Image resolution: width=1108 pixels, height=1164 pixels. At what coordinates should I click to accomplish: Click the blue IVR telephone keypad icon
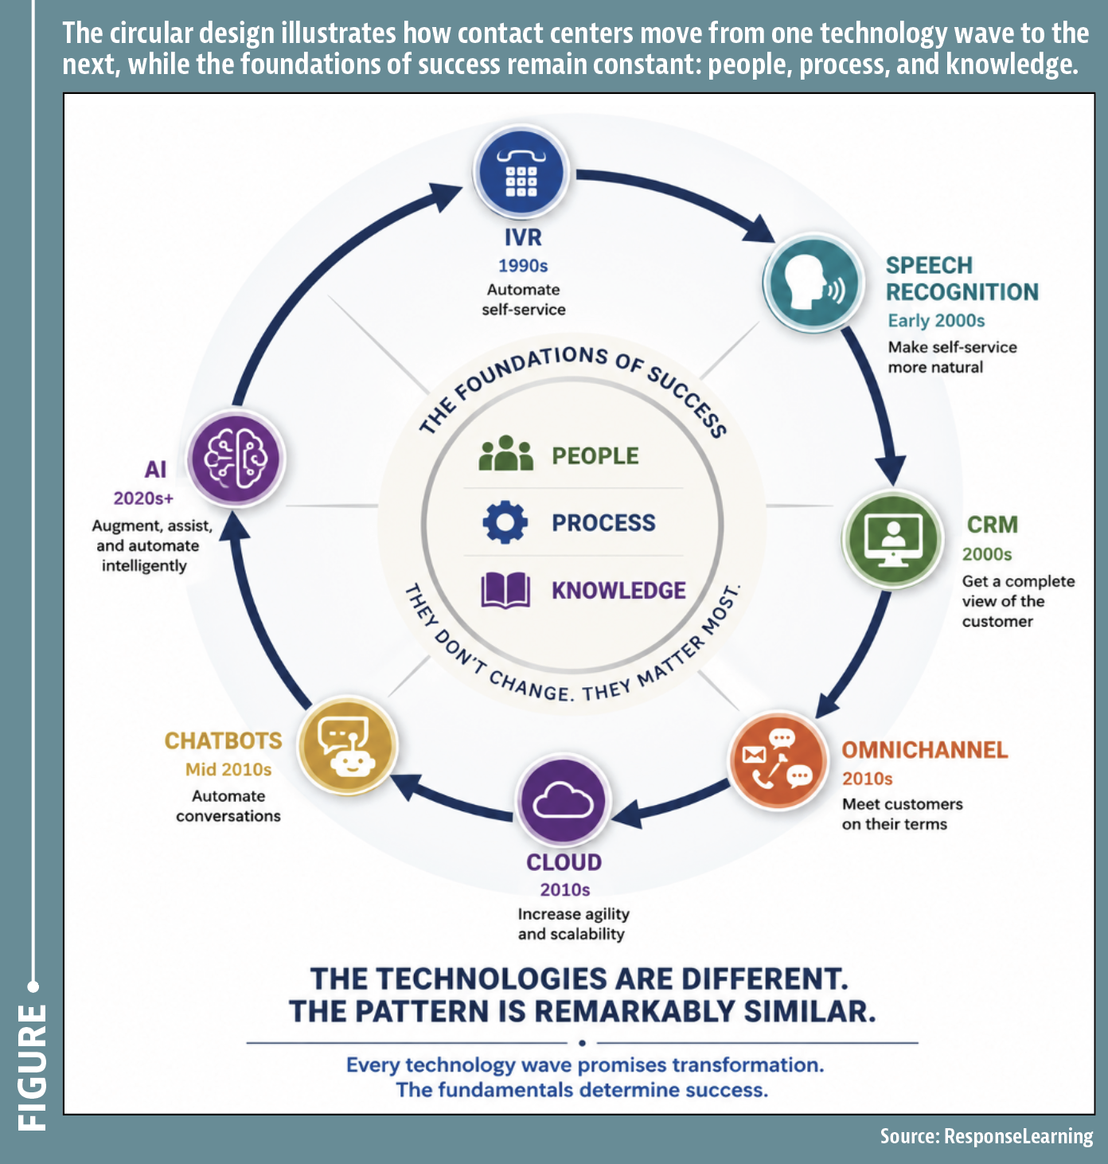[521, 172]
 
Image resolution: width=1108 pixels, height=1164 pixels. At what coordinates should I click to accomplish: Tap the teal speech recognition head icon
[812, 283]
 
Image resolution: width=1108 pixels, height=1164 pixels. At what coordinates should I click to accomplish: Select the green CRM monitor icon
[892, 539]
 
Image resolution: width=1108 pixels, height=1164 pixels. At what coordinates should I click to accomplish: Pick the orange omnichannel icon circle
[778, 759]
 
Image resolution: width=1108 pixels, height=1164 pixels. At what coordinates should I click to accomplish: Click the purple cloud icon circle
[563, 801]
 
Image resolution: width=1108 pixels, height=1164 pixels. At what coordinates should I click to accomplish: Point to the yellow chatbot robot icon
[347, 745]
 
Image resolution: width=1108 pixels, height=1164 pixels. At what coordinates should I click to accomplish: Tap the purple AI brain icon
[236, 459]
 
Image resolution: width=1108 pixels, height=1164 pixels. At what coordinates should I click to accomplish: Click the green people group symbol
[506, 454]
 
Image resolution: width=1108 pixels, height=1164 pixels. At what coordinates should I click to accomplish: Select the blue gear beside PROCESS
[505, 522]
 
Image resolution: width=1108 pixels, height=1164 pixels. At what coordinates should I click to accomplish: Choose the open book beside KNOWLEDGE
[505, 590]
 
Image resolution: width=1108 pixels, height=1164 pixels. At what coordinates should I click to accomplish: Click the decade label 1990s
[523, 266]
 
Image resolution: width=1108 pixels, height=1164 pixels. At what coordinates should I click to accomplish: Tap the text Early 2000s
[936, 321]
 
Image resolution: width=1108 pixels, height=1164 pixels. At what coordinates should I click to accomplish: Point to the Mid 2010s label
[228, 769]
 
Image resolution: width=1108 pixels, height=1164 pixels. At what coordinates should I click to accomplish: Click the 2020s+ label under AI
[144, 498]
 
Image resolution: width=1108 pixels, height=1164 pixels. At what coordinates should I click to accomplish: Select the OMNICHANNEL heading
[924, 750]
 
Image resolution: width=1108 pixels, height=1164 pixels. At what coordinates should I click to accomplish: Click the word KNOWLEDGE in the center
[618, 590]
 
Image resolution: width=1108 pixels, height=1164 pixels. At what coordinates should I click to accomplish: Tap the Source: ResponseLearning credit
[986, 1136]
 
